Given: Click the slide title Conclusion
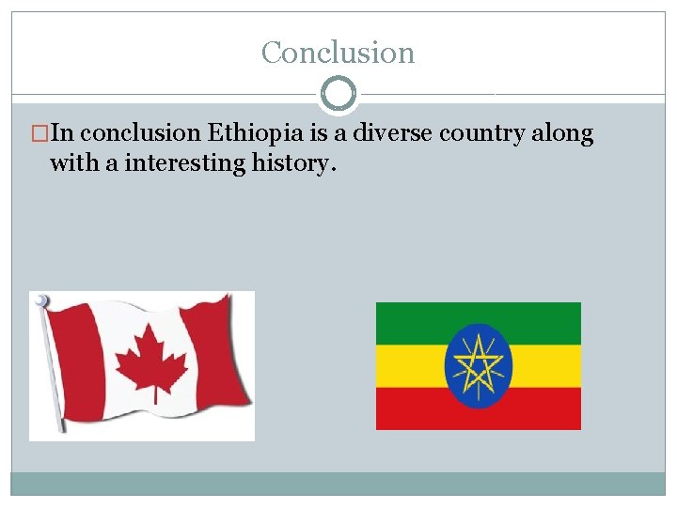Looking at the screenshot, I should [x=338, y=53].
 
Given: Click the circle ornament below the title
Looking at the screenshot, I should [x=338, y=94].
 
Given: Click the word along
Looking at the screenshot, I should [x=562, y=134].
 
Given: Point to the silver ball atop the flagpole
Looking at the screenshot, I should [x=40, y=300].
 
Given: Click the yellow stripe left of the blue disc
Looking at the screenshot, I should [x=409, y=365].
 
